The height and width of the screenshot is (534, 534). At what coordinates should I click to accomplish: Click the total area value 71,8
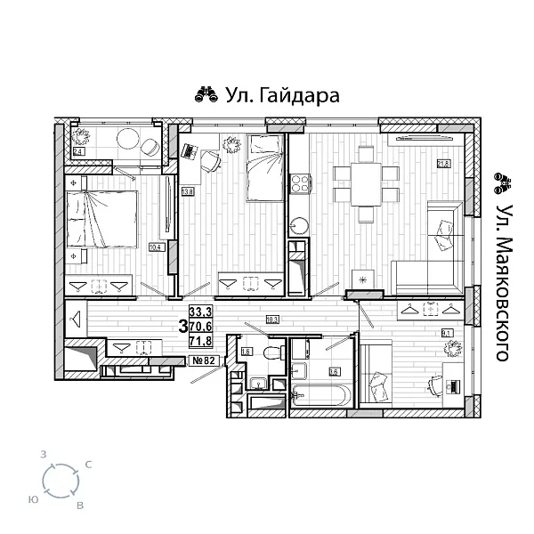[x=201, y=340]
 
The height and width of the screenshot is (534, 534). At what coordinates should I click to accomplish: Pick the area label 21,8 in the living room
[x=442, y=164]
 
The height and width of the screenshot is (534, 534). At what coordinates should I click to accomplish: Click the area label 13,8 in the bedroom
[x=187, y=191]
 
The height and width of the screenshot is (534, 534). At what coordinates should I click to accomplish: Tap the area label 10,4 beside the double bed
[x=155, y=247]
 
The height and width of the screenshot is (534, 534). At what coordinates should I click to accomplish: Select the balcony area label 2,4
[x=78, y=153]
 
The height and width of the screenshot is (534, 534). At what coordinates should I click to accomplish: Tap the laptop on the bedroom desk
[x=190, y=150]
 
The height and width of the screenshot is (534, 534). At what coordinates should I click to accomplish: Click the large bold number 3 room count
[x=182, y=326]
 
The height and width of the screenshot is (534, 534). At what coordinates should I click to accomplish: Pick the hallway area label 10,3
[x=272, y=319]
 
